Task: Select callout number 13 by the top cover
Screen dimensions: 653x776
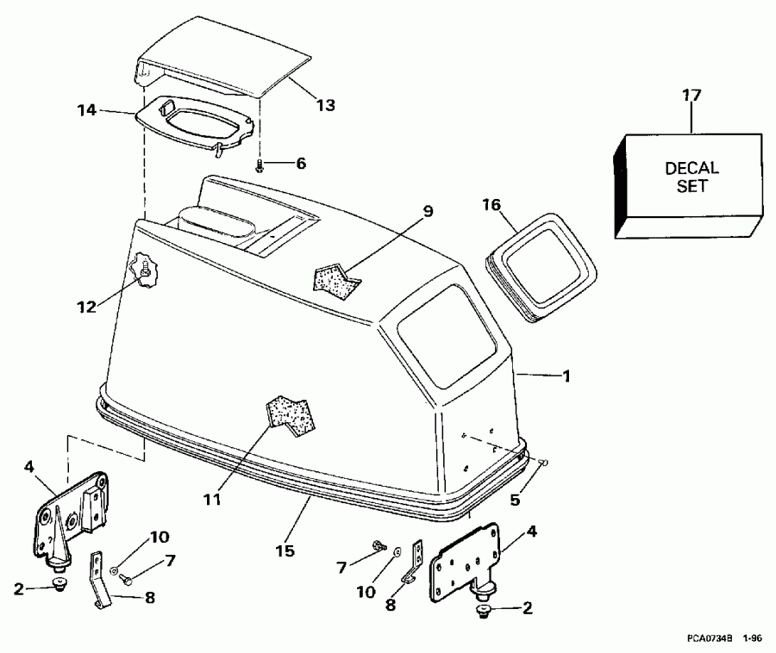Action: [x=324, y=104]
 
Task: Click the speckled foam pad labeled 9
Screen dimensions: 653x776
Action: [x=335, y=277]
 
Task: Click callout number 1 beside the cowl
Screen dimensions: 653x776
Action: [x=566, y=376]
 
